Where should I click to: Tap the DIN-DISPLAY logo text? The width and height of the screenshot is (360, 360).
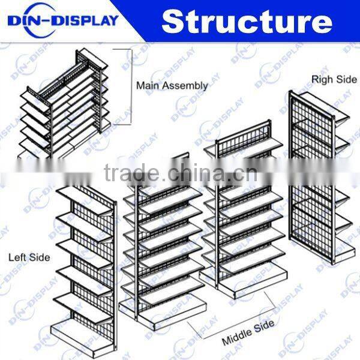tap(62, 21)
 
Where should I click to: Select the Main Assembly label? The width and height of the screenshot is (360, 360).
tap(172, 85)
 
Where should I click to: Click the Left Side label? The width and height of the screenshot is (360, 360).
tap(29, 257)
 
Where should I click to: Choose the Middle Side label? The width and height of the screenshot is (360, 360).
tap(248, 334)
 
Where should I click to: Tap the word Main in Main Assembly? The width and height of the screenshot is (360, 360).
tap(148, 85)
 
